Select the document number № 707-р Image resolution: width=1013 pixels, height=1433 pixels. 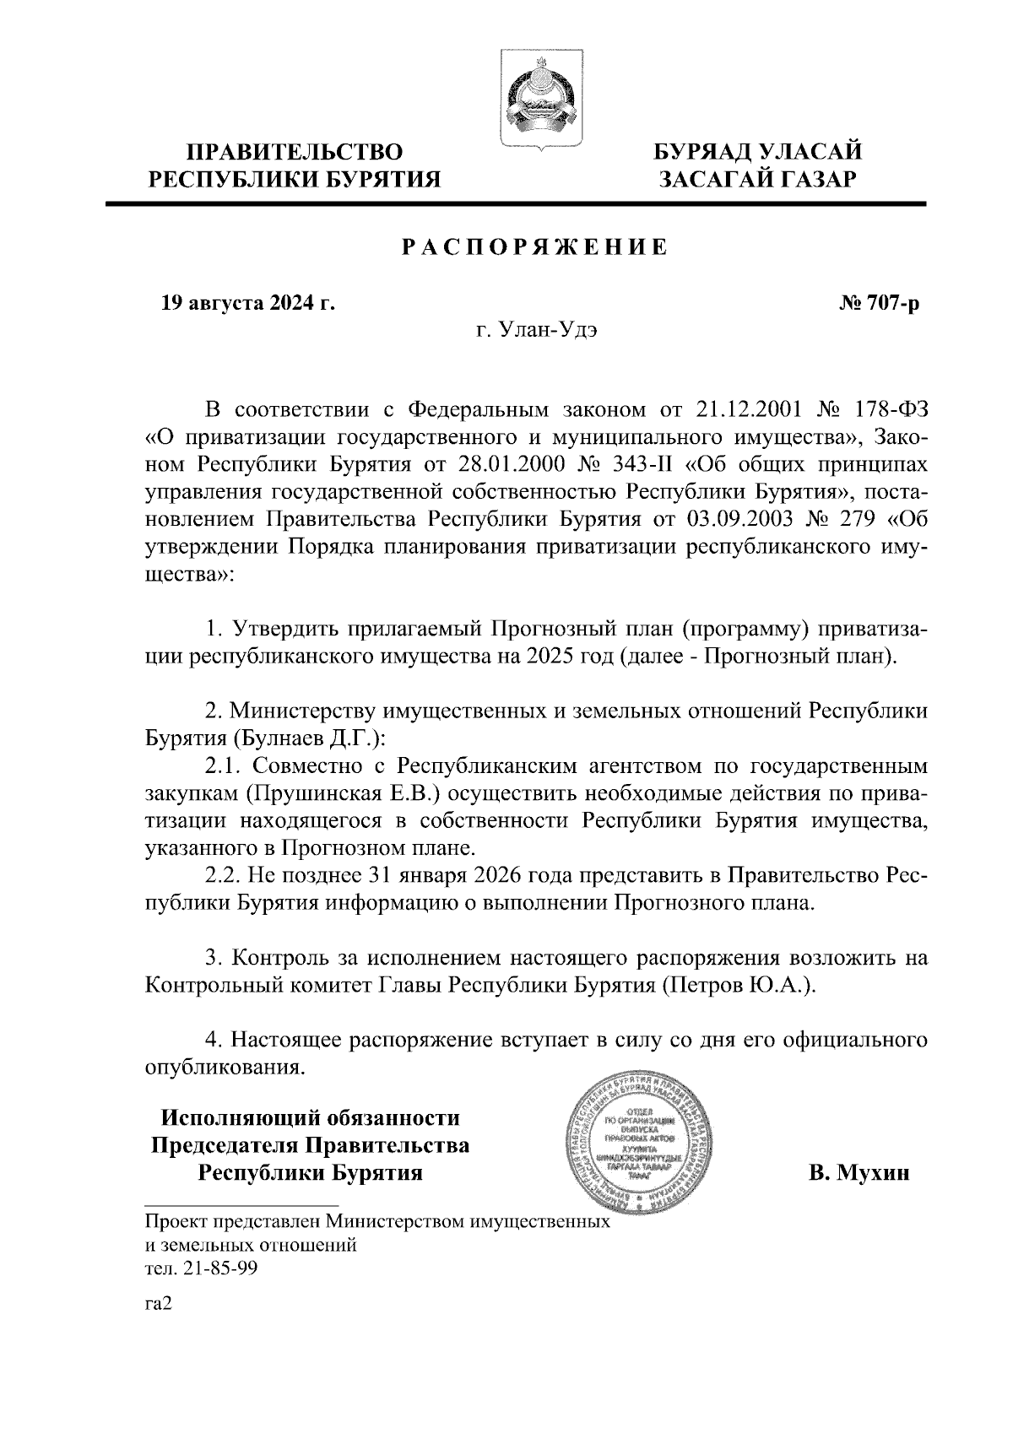[879, 302]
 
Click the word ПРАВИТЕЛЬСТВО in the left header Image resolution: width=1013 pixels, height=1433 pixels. [295, 152]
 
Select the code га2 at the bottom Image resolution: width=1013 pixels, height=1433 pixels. [159, 1305]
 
